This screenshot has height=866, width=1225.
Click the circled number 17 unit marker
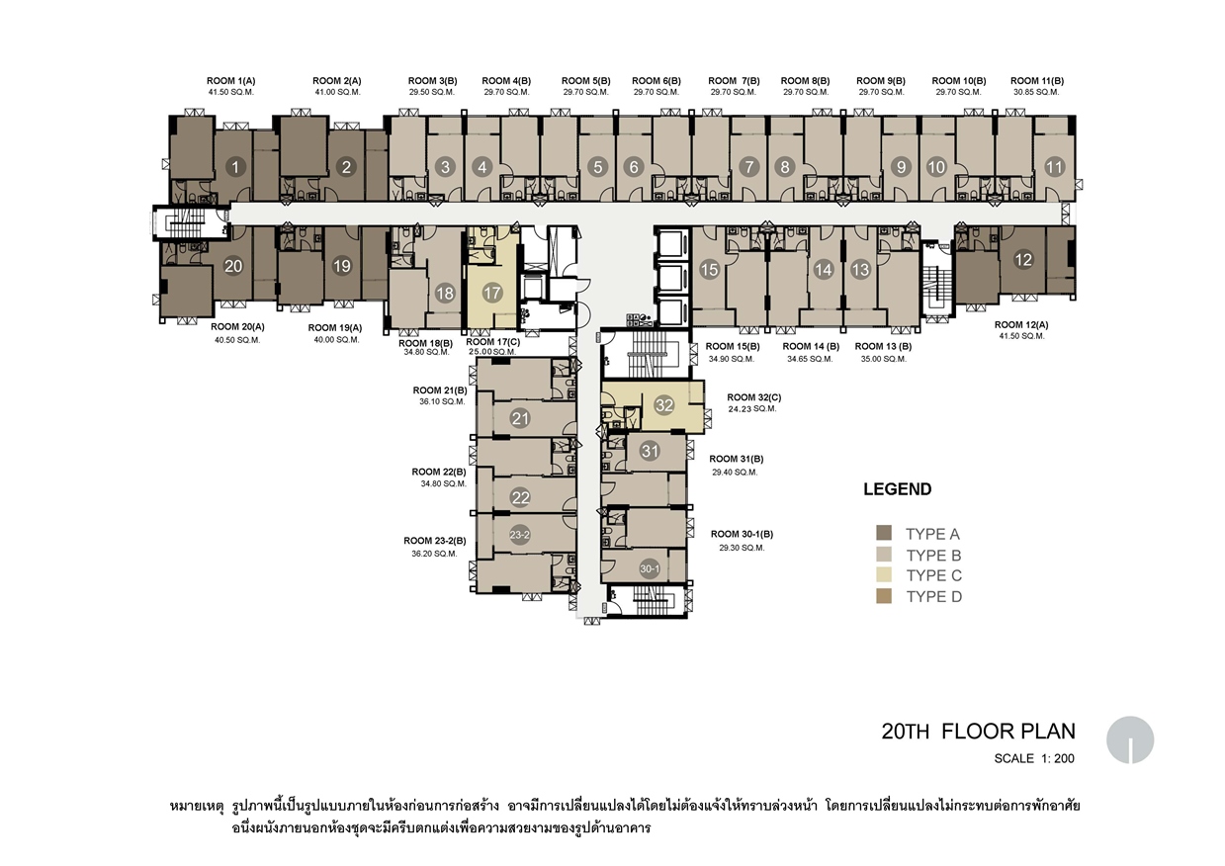click(x=492, y=293)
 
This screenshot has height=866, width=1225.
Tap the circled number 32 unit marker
click(x=663, y=405)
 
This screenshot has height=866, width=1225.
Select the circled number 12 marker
click(x=1023, y=260)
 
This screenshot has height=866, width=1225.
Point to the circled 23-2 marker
click(x=519, y=535)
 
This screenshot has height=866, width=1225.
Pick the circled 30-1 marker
click(x=650, y=569)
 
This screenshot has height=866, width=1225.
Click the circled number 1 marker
click(x=235, y=167)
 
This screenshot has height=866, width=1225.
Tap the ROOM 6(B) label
click(x=656, y=81)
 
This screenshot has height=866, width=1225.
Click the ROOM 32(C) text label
click(x=754, y=397)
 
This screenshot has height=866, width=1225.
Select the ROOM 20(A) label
click(x=237, y=327)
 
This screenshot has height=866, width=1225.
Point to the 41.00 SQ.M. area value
click(x=337, y=92)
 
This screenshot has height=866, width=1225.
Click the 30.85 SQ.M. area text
click(x=1036, y=92)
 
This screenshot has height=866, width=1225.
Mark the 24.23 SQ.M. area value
click(x=752, y=409)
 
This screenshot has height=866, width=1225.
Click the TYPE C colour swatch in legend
click(x=884, y=574)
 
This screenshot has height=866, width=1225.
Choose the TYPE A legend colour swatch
click(x=884, y=533)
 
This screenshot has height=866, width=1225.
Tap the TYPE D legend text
click(x=934, y=596)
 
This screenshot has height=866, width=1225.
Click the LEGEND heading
click(x=898, y=488)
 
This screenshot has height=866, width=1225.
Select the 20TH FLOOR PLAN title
click(x=979, y=731)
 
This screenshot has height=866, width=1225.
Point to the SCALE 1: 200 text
click(x=1034, y=758)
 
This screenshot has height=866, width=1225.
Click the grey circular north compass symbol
click(x=1130, y=739)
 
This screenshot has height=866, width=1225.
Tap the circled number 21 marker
click(x=520, y=419)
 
